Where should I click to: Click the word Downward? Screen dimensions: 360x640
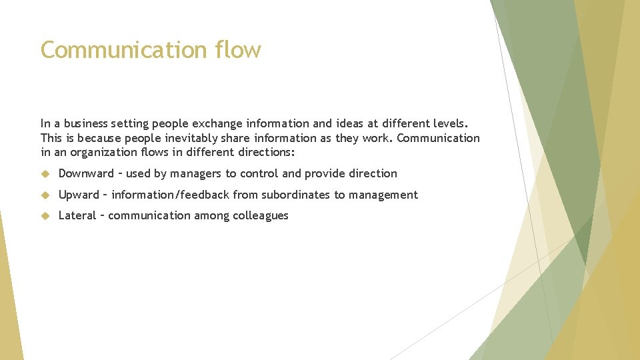[86, 174]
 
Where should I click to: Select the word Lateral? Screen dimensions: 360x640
[77, 215]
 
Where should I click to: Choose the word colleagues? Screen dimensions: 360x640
[261, 216]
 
